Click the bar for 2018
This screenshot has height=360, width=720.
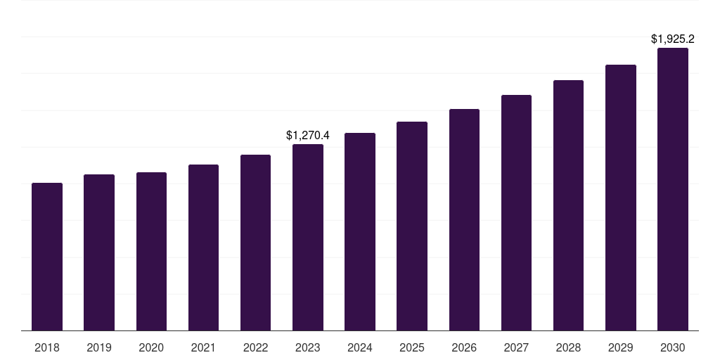(x=47, y=257)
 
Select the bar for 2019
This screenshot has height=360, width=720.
(x=99, y=252)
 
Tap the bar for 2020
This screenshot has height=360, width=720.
(x=151, y=251)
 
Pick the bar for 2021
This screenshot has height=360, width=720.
(x=203, y=247)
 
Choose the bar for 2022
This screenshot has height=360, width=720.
(x=255, y=243)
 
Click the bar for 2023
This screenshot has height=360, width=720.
(x=308, y=237)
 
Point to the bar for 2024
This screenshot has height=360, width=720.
(x=360, y=231)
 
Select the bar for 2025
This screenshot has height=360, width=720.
(x=412, y=226)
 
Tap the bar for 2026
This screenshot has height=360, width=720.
(x=464, y=219)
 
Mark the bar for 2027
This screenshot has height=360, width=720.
(x=516, y=212)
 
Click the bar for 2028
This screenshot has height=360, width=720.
(x=568, y=205)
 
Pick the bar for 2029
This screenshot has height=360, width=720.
(x=621, y=198)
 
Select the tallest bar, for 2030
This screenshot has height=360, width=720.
(x=673, y=189)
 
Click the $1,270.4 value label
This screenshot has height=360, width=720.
(x=308, y=135)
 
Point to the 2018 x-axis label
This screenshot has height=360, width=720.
(x=47, y=347)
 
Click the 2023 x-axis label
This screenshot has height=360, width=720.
(x=308, y=347)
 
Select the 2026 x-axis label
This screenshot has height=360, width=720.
(x=464, y=347)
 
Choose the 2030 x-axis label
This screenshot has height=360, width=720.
(x=673, y=347)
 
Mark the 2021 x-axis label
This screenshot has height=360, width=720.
(x=203, y=347)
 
